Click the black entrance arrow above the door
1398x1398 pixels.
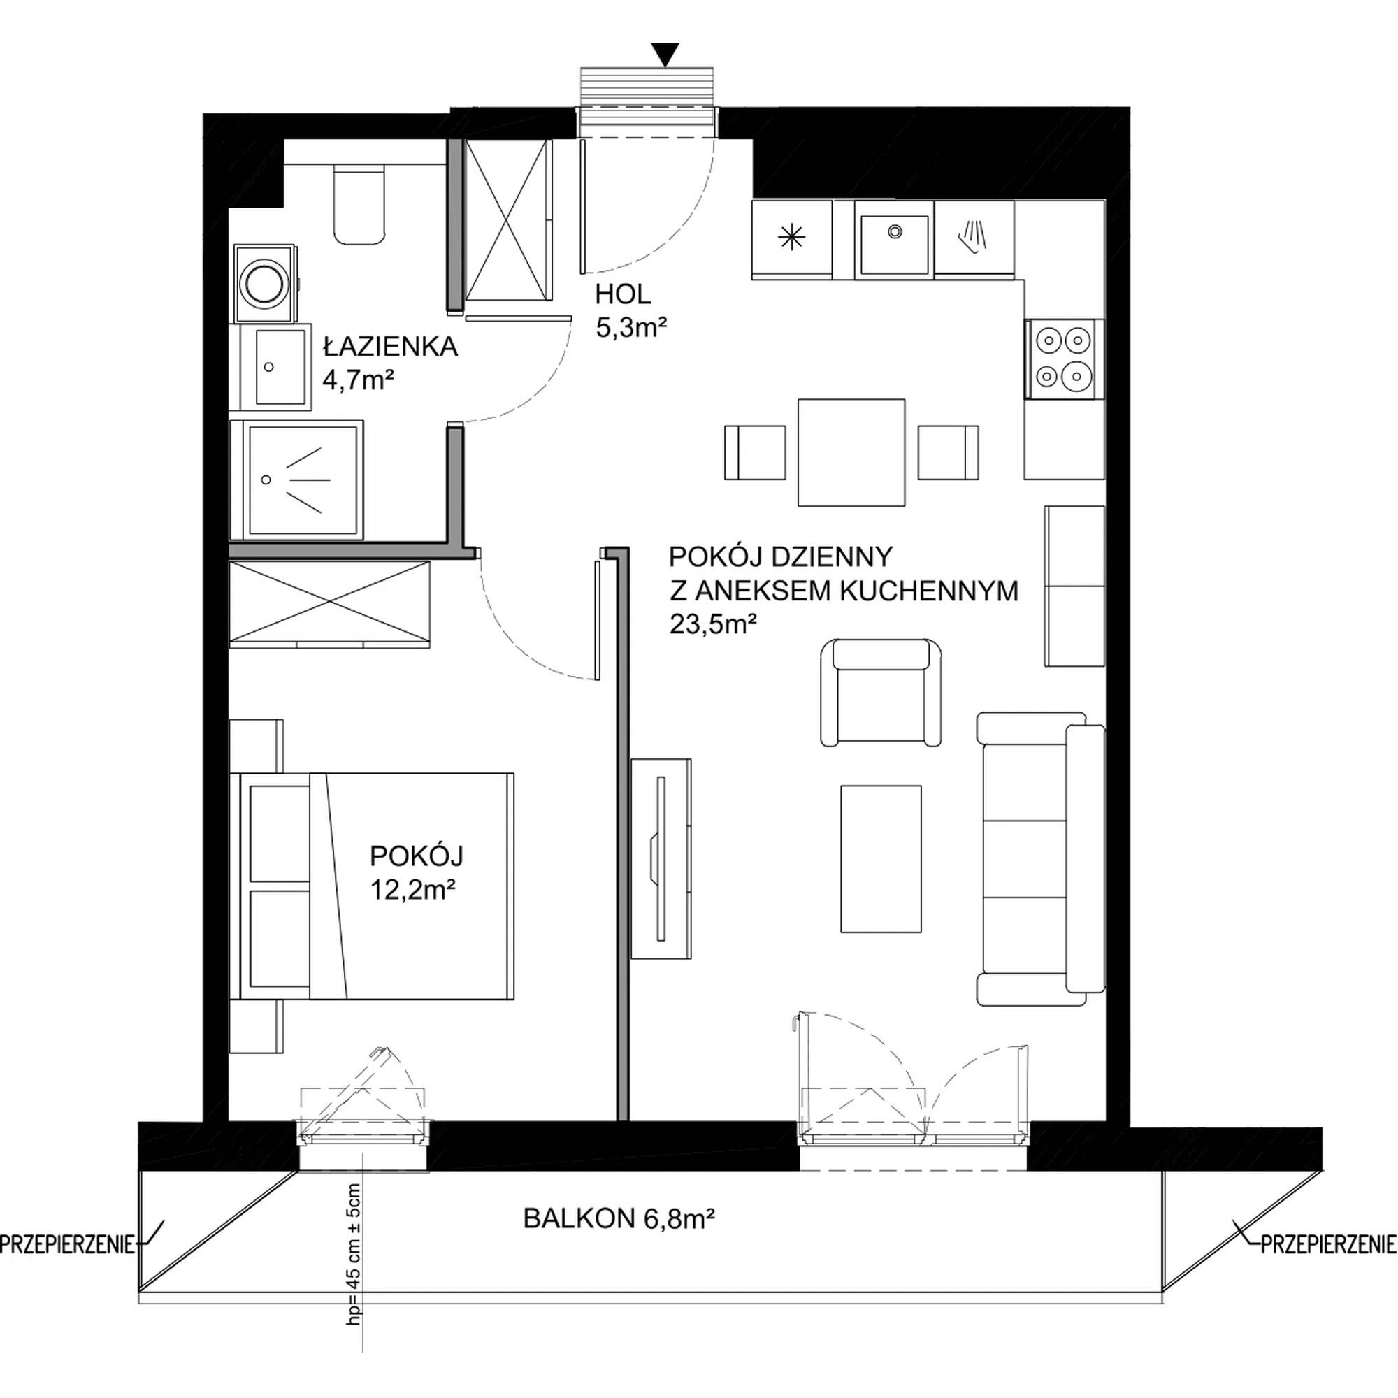tap(664, 55)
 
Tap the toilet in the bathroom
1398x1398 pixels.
tap(359, 205)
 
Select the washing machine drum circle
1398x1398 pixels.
tap(265, 283)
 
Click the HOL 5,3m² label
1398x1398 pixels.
tap(630, 311)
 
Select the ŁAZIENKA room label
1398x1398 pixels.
tap(391, 347)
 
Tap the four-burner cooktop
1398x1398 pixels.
tap(1064, 359)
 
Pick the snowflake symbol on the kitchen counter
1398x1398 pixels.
tap(793, 238)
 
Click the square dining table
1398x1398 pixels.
tap(851, 452)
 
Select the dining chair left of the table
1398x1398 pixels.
tap(756, 452)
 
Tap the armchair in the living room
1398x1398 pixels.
tap(881, 693)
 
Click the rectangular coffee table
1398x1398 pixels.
tap(881, 859)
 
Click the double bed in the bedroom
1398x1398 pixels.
tap(372, 886)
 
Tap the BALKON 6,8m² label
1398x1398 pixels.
tap(619, 1219)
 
